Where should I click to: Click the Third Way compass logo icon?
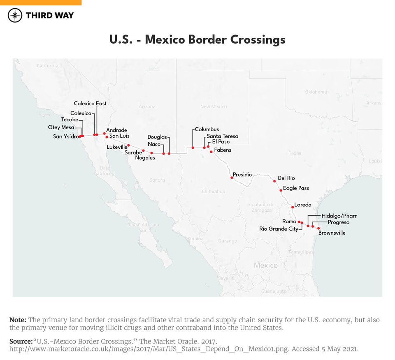pyautogui.click(x=15, y=15)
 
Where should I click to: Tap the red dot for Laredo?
pyautogui.click(x=293, y=207)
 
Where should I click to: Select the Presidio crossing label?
pyautogui.click(x=242, y=175)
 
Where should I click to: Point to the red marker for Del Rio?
pyautogui.click(x=274, y=181)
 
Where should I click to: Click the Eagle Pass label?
pyautogui.click(x=296, y=188)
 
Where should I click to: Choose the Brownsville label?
pyautogui.click(x=332, y=233)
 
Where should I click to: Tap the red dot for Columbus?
pyautogui.click(x=193, y=148)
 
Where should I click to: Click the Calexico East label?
pyautogui.click(x=90, y=104)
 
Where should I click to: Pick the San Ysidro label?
pyautogui.click(x=65, y=136)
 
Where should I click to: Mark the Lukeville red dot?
pyautogui.click(x=128, y=145)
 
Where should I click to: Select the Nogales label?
pyautogui.click(x=145, y=158)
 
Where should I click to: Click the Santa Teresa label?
pyautogui.click(x=222, y=136)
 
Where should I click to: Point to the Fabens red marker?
pyautogui.click(x=211, y=152)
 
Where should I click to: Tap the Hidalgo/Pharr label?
pyautogui.click(x=339, y=216)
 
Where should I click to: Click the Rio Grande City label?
pyautogui.click(x=279, y=229)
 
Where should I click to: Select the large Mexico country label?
pyautogui.click(x=265, y=265)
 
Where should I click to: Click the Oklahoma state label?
pyautogui.click(x=316, y=92)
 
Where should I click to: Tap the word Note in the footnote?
pyautogui.click(x=18, y=320)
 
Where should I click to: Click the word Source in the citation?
pyautogui.click(x=21, y=342)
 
